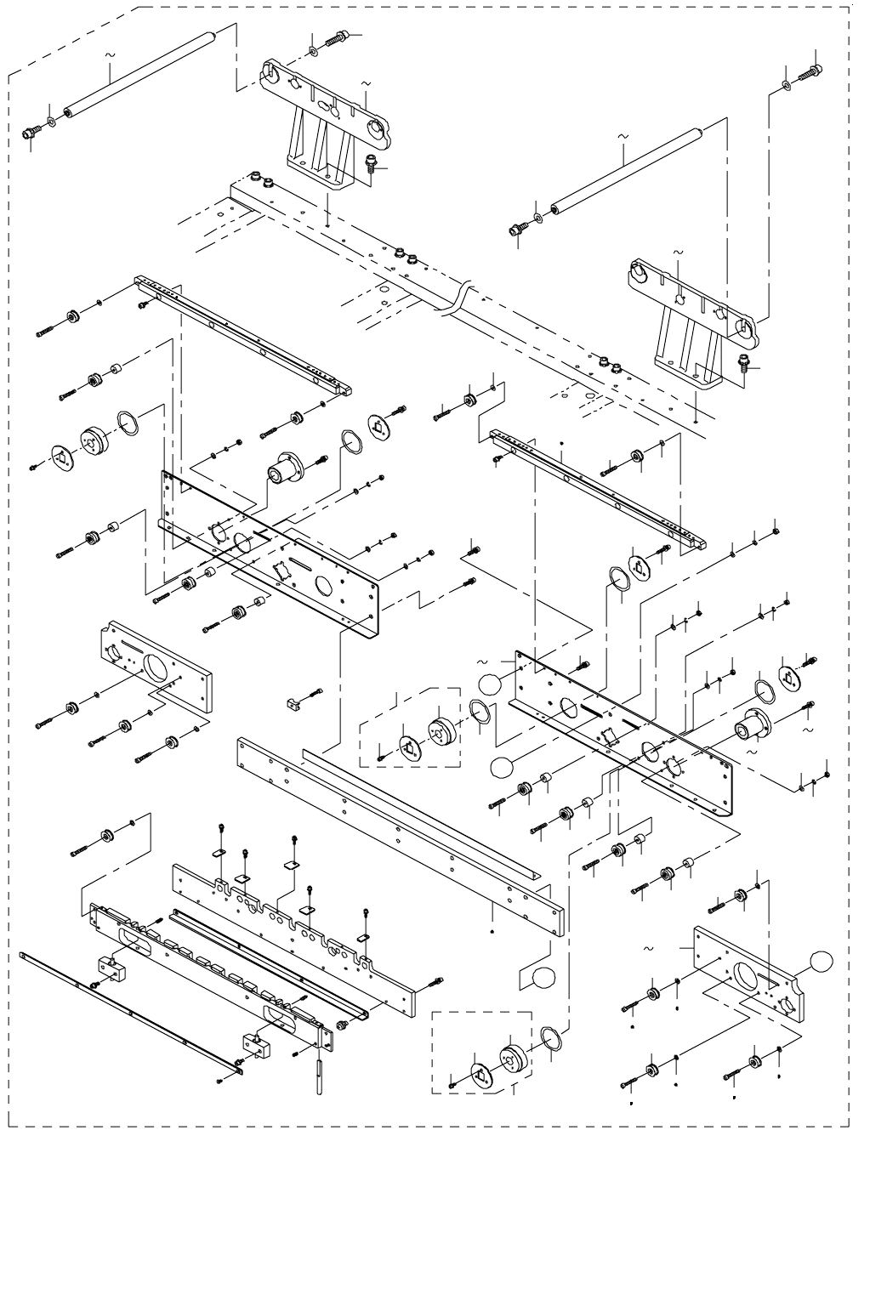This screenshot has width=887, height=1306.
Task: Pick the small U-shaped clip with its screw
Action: point(294,701)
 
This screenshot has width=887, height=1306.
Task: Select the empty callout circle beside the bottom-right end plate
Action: point(820,961)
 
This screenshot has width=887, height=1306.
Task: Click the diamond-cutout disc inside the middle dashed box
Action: point(410,747)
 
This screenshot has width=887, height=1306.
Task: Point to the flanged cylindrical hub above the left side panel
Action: point(287,468)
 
